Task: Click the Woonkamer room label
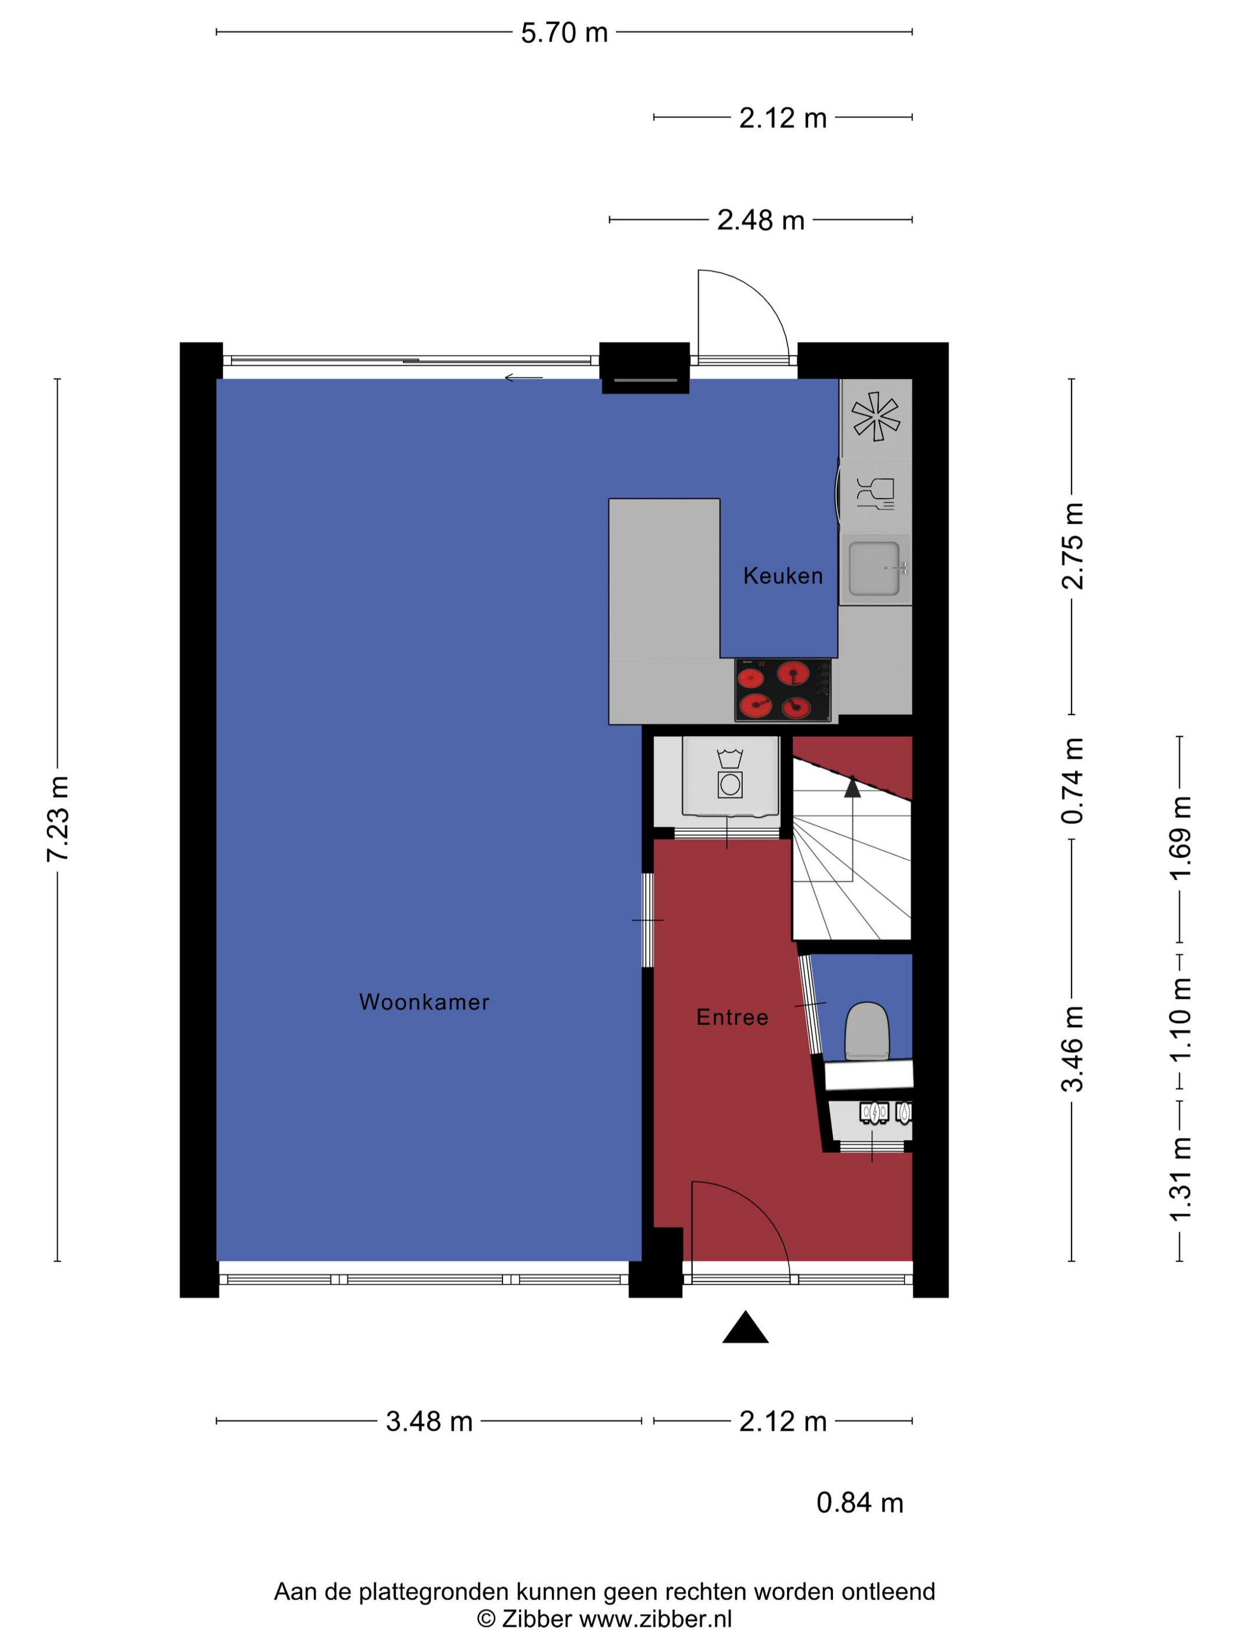click(424, 1002)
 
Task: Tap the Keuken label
click(783, 575)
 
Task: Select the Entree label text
click(732, 1018)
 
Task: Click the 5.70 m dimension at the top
click(564, 33)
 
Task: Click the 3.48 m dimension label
click(429, 1422)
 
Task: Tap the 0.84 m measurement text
click(859, 1503)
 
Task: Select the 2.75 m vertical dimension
click(1072, 547)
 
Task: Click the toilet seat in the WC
click(866, 1031)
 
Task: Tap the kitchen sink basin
click(874, 569)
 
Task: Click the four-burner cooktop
click(783, 690)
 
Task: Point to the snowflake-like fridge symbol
click(876, 416)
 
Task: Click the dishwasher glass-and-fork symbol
click(875, 494)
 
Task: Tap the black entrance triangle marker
click(745, 1327)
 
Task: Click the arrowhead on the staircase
click(852, 786)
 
